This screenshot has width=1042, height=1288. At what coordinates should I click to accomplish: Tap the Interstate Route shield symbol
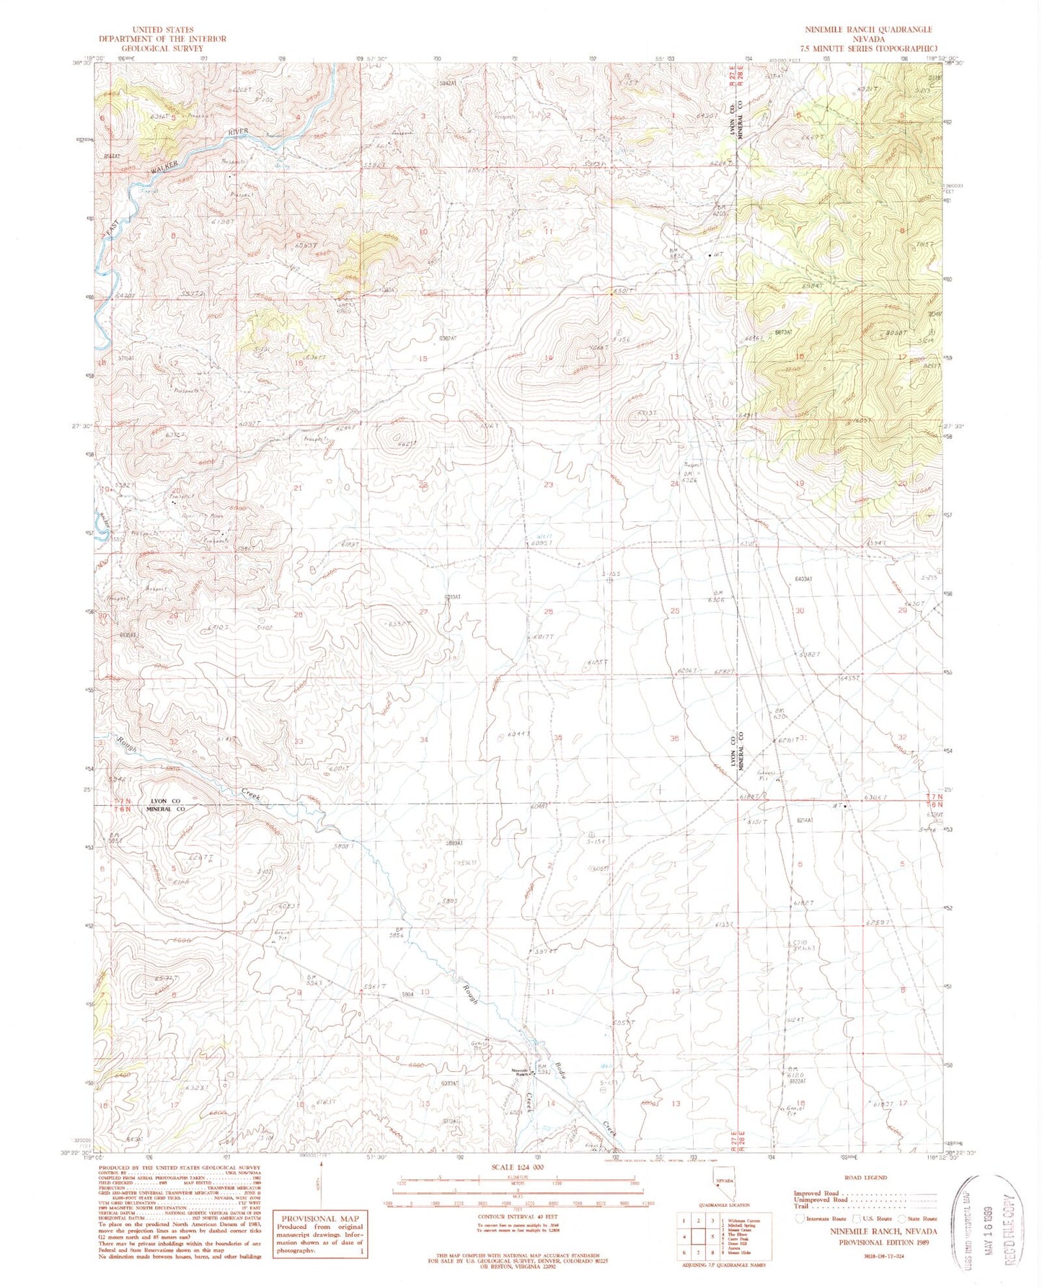[x=799, y=1218]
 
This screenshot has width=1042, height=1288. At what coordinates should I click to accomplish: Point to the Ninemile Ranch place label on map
[x=521, y=1070]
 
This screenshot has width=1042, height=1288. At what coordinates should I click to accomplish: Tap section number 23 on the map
[x=548, y=485]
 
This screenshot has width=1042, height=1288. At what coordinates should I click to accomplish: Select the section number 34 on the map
[x=425, y=740]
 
